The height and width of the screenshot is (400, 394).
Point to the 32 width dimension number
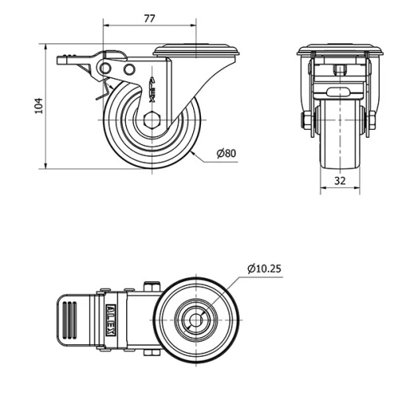(340, 180)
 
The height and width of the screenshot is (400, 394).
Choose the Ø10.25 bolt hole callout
(263, 269)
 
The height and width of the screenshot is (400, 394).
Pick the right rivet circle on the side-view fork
(128, 71)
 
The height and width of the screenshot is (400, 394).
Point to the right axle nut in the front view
(368, 121)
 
